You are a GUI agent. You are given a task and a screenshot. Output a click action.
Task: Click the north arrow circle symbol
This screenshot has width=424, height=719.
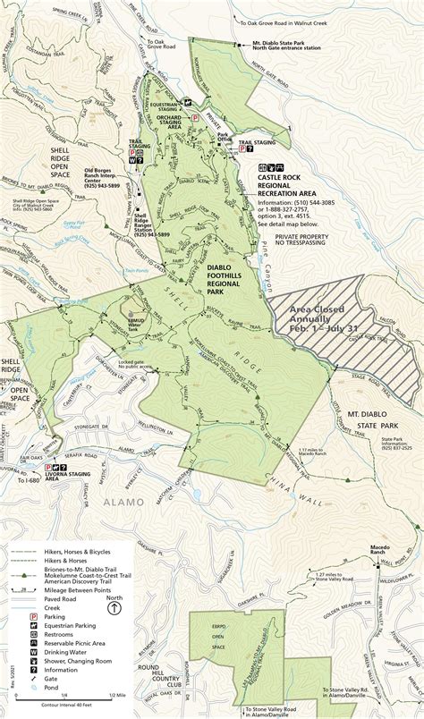114,608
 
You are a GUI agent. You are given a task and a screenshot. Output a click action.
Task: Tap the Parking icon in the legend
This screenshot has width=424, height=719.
34,617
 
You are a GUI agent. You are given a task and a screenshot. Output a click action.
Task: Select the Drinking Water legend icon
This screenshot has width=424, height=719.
34,655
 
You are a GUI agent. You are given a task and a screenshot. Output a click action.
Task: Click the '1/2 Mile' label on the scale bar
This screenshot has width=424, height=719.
115,696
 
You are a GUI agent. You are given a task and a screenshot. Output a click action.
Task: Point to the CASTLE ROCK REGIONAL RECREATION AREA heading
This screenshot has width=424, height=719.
288,186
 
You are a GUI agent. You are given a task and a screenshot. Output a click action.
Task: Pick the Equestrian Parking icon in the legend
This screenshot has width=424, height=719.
34,629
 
